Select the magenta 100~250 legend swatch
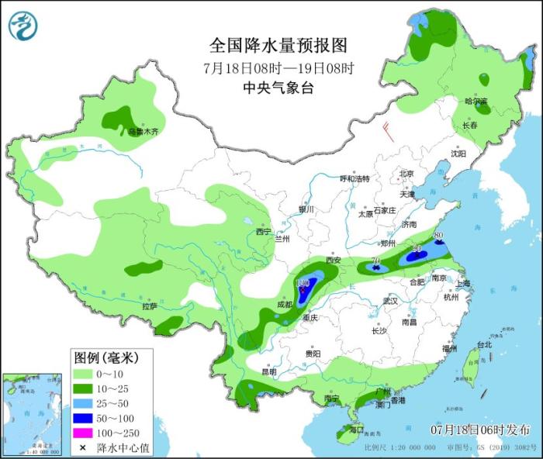(84, 433)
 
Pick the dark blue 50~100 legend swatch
(84, 418)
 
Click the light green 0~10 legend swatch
(84, 374)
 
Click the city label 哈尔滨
(476, 102)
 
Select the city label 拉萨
(150, 307)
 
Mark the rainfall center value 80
(438, 235)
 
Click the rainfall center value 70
(375, 261)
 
